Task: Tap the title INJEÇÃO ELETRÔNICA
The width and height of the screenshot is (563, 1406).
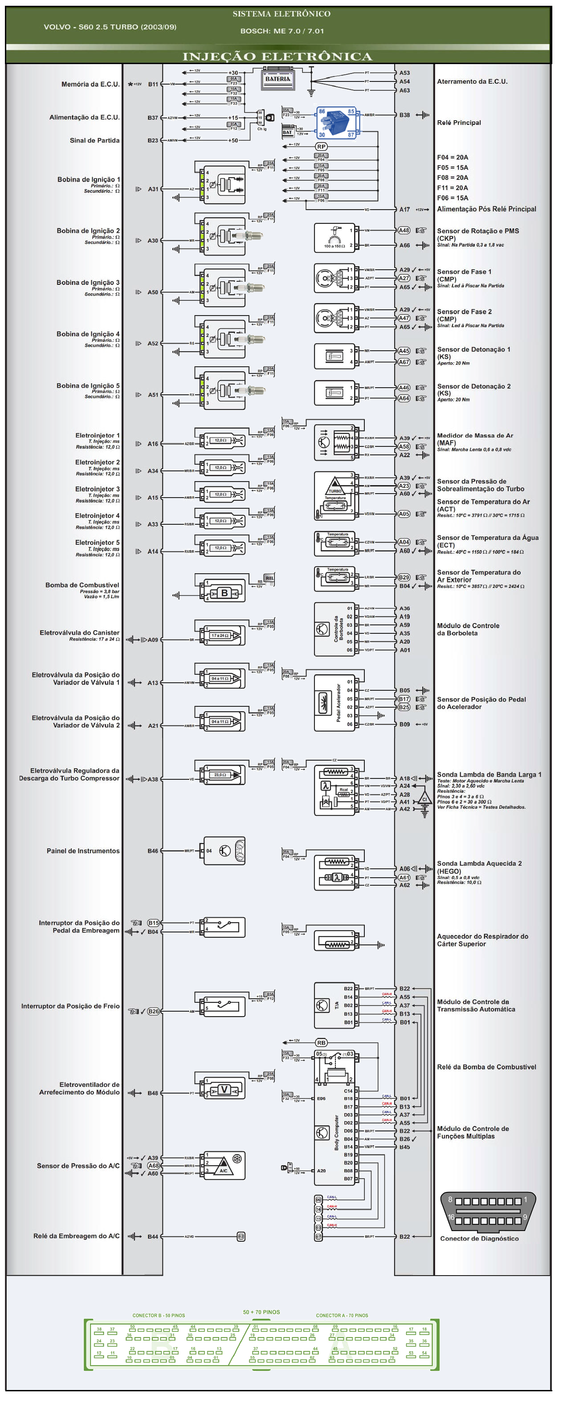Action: (x=277, y=57)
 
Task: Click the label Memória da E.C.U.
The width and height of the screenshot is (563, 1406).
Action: (x=91, y=85)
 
